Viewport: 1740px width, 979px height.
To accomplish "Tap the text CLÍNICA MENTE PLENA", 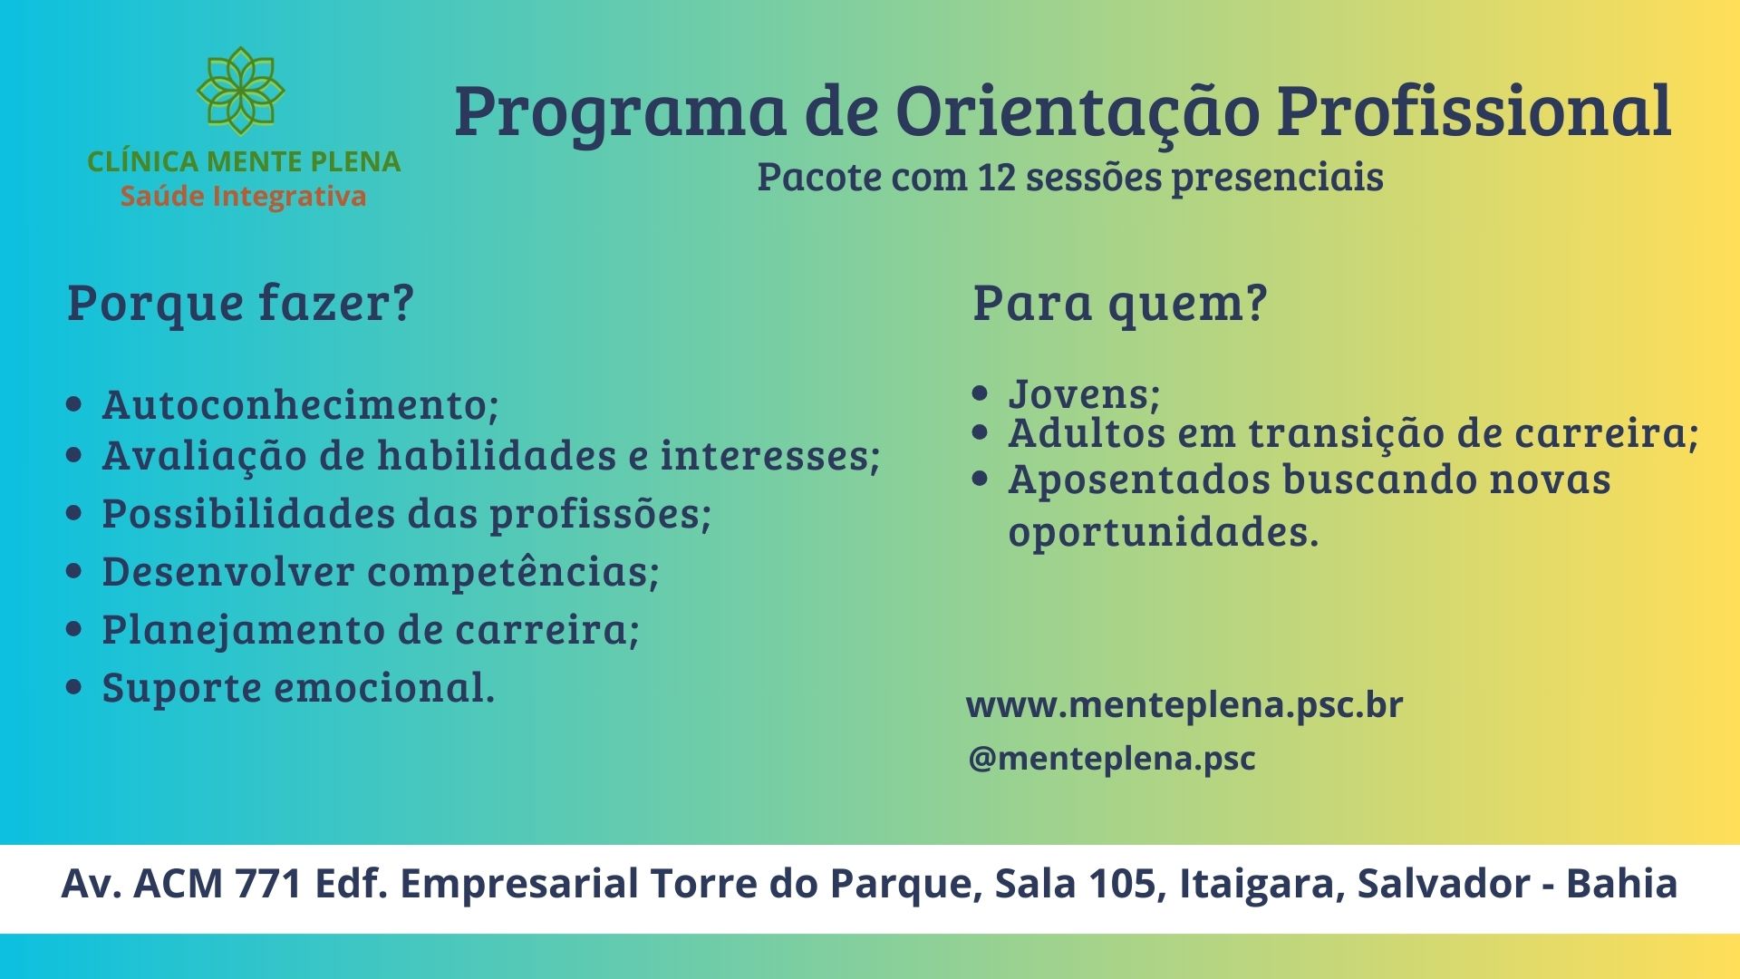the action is (244, 161).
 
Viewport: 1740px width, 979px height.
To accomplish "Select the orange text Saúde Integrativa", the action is (244, 196).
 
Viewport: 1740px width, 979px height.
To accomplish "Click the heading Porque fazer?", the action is (240, 304).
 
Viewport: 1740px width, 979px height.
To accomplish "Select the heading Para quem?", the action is (1119, 304).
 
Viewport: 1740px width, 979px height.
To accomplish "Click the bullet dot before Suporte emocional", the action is (74, 687).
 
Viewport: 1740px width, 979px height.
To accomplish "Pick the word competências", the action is (508, 572).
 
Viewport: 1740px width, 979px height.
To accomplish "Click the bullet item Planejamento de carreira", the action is (371, 630).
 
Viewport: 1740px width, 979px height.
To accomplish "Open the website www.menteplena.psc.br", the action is (1184, 705).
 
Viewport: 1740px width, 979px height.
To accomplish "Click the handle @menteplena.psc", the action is (1112, 759).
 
